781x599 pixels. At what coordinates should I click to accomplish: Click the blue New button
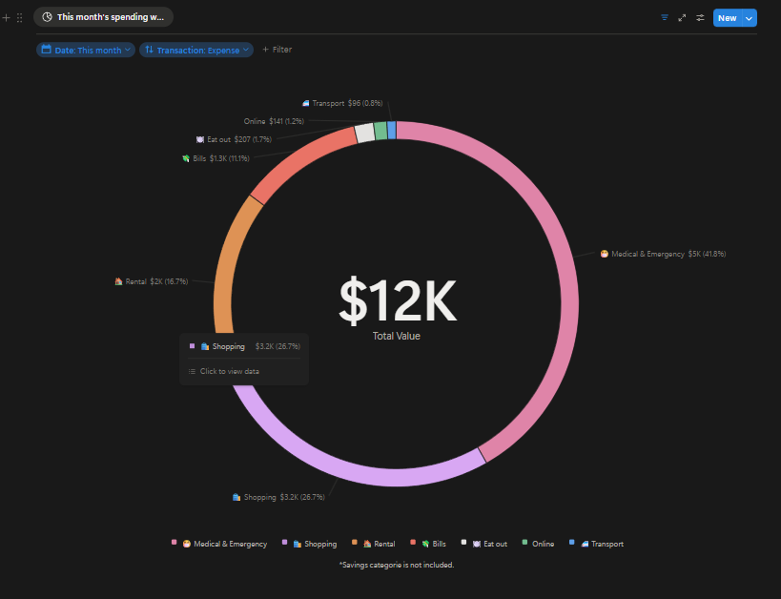coord(727,18)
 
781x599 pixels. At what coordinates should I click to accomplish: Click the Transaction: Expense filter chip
coord(196,50)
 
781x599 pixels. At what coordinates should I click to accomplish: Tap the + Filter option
coord(277,50)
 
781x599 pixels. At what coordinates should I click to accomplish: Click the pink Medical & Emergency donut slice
coord(563,286)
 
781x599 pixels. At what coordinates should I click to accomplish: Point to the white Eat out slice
coord(364,134)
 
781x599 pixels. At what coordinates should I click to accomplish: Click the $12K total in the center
coord(397,300)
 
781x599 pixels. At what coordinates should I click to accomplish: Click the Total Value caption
coord(397,336)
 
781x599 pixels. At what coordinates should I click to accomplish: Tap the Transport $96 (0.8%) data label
coord(343,103)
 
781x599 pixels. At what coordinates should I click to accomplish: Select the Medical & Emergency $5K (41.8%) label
coord(663,254)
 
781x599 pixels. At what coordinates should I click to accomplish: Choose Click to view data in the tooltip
coord(229,371)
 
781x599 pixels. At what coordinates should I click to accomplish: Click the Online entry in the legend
coord(542,544)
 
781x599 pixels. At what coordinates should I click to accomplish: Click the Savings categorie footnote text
coord(397,565)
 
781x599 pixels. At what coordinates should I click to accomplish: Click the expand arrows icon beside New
coord(682,18)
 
